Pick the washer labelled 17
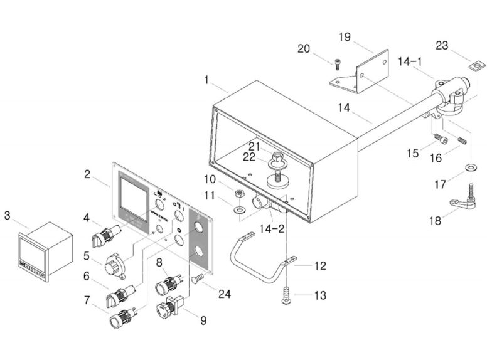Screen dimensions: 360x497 click(x=470, y=167)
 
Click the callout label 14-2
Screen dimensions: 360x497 click(x=271, y=230)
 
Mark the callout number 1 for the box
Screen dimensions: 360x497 click(x=206, y=80)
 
